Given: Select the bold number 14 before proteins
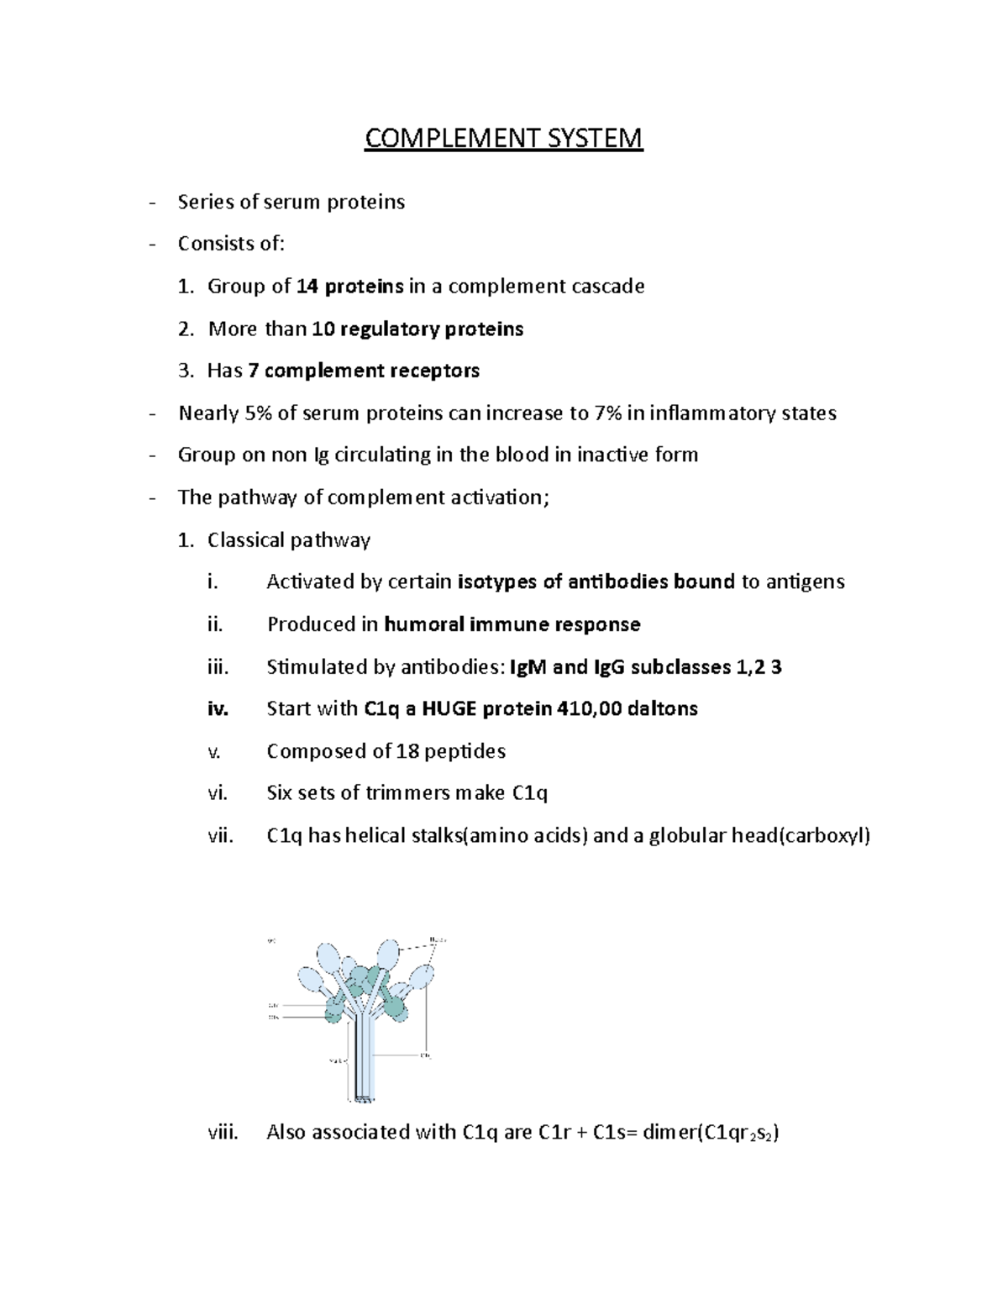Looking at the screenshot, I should tap(307, 287).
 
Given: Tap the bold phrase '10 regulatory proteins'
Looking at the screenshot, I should tap(417, 329).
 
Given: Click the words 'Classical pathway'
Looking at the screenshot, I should tap(288, 539).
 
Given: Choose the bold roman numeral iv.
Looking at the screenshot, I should tap(218, 708).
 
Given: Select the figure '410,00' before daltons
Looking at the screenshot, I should tap(589, 708).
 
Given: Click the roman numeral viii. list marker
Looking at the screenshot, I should tap(223, 1132).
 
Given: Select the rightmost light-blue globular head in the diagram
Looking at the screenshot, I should tap(421, 976).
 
